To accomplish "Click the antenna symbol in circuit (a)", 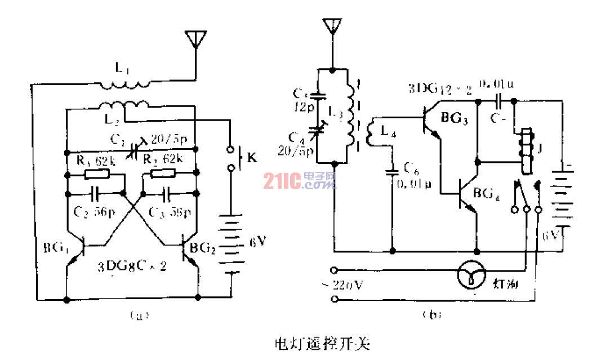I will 194,39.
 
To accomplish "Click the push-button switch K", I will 230,159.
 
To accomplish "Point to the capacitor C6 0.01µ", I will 393,172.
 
